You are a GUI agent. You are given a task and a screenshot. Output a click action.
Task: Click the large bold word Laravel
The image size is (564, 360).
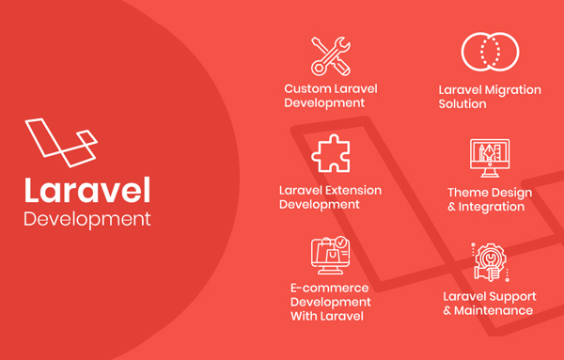[86, 190]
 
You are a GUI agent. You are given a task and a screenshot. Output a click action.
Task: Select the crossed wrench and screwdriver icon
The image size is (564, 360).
[330, 55]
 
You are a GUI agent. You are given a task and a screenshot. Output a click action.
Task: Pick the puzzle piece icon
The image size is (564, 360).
[330, 153]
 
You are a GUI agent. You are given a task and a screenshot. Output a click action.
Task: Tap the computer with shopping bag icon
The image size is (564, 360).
[330, 256]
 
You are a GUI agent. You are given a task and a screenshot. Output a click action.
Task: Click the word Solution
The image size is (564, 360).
[462, 104]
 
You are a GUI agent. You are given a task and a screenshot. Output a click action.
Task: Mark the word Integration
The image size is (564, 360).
[493, 207]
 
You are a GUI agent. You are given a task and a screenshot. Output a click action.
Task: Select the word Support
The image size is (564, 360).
[511, 296]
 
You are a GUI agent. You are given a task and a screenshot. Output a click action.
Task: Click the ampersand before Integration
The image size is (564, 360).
[452, 207]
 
